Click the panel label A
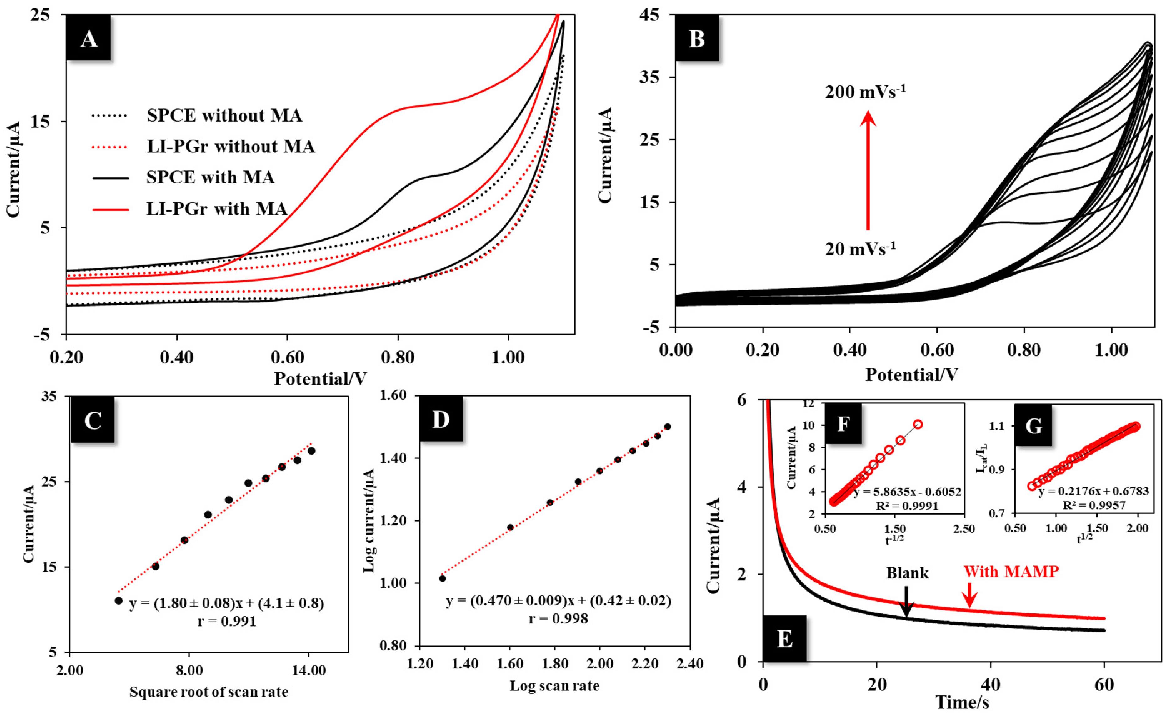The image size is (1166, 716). point(88,38)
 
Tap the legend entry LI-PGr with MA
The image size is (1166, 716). point(216,209)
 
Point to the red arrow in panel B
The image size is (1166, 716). point(868,170)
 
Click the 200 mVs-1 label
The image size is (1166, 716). point(865,91)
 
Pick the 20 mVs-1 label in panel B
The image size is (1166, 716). point(860,248)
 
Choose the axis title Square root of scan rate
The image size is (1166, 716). point(209,692)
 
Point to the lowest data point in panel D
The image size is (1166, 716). point(442,578)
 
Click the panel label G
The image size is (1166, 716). point(1033,426)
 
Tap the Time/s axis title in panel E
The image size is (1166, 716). point(962,702)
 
